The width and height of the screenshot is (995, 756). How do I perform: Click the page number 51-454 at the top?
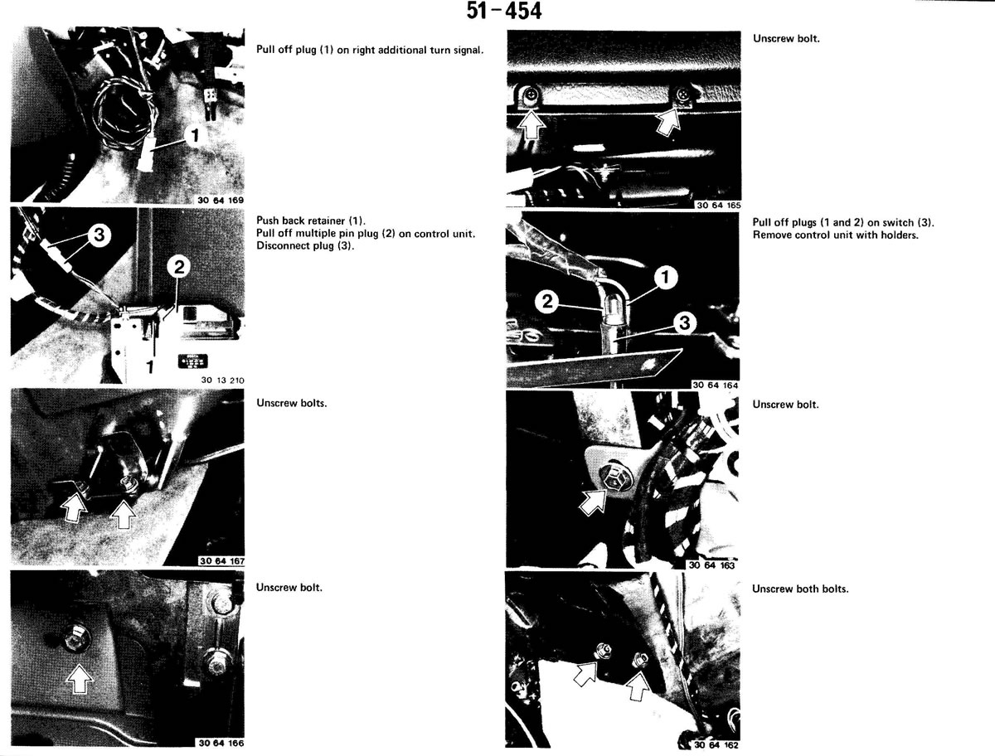[x=504, y=11]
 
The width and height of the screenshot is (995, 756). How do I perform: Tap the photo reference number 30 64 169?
[x=221, y=201]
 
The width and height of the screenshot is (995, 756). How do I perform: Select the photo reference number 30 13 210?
[x=222, y=380]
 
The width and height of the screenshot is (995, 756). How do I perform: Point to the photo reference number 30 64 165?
[x=719, y=206]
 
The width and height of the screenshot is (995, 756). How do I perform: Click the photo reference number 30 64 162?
[x=716, y=744]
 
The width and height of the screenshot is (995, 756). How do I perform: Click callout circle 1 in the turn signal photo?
[x=195, y=135]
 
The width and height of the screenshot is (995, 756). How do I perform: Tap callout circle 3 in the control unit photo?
[x=99, y=235]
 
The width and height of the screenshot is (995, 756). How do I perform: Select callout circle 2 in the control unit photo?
[x=179, y=267]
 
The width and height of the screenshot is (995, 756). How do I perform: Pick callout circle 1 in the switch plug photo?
[x=666, y=277]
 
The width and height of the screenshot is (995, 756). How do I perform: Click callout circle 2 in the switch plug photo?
[x=547, y=302]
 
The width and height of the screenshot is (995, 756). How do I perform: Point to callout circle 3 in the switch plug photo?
[x=685, y=323]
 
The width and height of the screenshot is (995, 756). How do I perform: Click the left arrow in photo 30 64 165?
[x=531, y=124]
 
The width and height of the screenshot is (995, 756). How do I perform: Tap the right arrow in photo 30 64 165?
[x=669, y=121]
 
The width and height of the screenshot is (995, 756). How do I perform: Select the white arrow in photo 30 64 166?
[x=80, y=677]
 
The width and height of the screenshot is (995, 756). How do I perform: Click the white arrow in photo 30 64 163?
[x=594, y=502]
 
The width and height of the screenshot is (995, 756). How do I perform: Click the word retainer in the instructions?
[x=327, y=221]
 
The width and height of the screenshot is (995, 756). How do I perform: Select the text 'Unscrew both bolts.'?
[x=800, y=589]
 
